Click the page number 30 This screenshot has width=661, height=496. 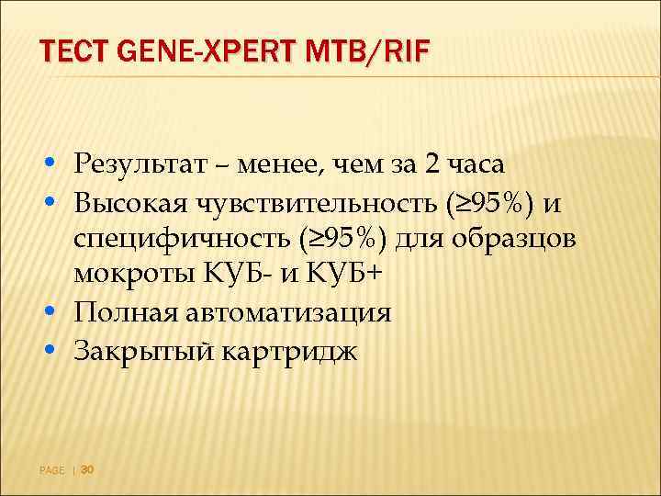coord(88,469)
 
